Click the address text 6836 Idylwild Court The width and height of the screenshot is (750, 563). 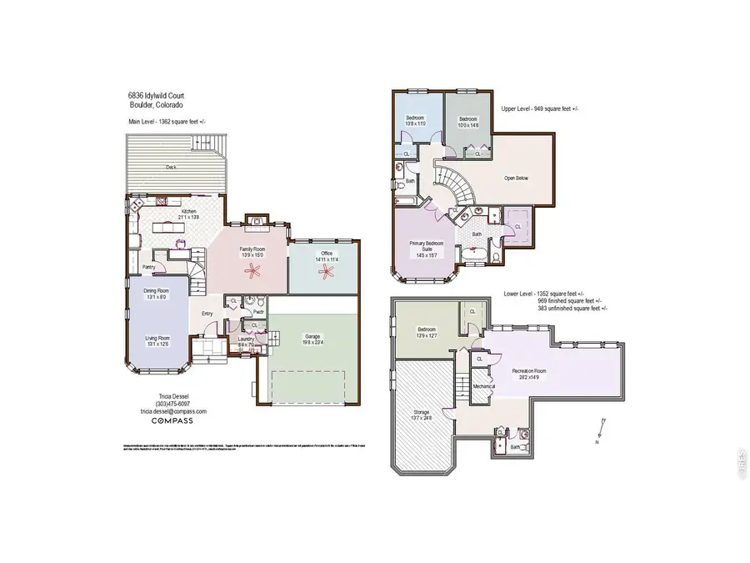click(x=150, y=97)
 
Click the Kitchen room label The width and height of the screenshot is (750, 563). click(x=189, y=213)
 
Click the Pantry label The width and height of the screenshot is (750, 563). click(x=149, y=267)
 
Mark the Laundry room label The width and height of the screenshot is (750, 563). click(x=246, y=339)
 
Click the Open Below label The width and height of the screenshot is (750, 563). click(x=516, y=178)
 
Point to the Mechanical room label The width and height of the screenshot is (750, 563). click(x=484, y=386)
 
